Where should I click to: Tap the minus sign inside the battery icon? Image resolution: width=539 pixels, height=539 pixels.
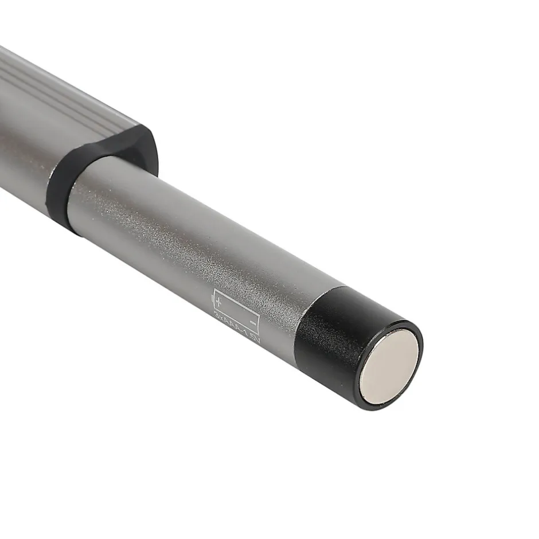tap(252, 323)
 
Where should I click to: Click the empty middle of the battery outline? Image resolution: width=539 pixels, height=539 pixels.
tap(236, 311)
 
